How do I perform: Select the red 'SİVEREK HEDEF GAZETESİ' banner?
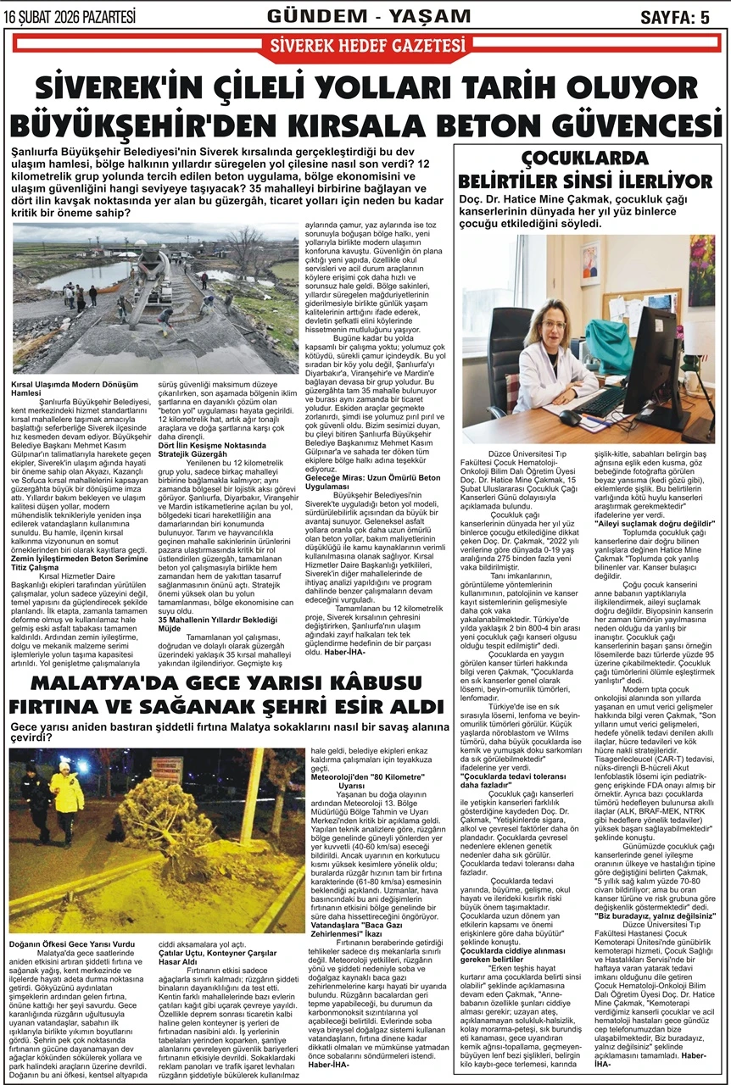point(365,46)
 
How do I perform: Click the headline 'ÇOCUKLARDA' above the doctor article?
point(585,157)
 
